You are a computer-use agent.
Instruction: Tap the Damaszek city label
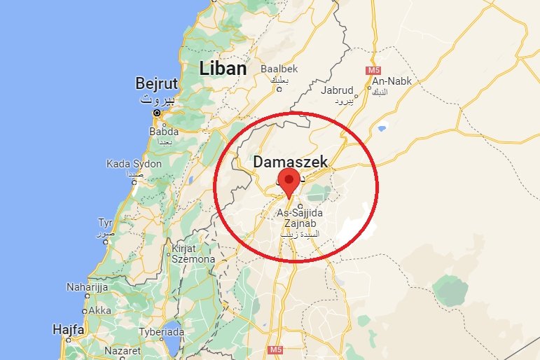290,162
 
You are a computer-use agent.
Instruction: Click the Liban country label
223,69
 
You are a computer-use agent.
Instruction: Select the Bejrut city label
156,84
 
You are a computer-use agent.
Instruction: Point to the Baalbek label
279,69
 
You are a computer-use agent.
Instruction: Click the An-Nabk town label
394,81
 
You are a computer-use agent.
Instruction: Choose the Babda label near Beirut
164,131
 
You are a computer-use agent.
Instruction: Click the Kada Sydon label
134,164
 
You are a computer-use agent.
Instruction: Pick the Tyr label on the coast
105,223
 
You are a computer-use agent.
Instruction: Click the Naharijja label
87,286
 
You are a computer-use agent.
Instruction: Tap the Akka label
99,310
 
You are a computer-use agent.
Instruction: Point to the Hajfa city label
68,328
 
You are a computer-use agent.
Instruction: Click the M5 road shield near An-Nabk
372,71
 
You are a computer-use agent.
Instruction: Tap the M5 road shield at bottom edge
275,349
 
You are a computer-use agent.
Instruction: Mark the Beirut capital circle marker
157,112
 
